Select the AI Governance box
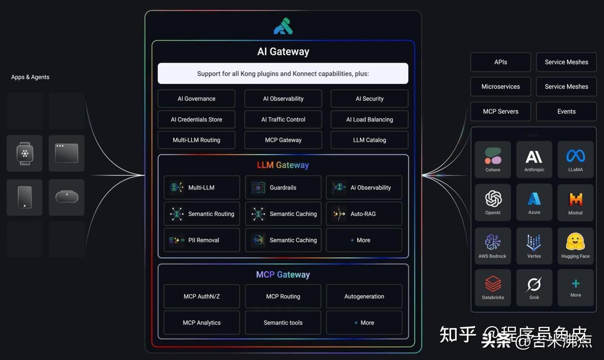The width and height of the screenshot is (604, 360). [x=196, y=99]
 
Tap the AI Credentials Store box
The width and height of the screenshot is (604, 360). [x=196, y=119]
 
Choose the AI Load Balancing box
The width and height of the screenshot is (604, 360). [x=369, y=119]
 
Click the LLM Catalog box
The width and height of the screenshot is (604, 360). [x=369, y=140]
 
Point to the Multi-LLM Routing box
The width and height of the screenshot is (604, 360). [x=196, y=140]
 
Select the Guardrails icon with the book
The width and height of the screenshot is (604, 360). [x=258, y=188]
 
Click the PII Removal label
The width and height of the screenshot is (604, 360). [x=203, y=240]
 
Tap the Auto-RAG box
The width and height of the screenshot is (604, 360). [x=364, y=214]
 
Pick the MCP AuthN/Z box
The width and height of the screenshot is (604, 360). [x=201, y=296]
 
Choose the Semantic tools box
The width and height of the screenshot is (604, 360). [x=283, y=323]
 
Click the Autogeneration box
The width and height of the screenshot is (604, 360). [x=364, y=296]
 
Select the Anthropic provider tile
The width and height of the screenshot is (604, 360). [x=534, y=159]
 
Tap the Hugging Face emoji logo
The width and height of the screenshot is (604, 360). [x=575, y=243]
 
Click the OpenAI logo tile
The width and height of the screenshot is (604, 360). [x=493, y=202]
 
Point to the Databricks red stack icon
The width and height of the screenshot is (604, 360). [x=493, y=284]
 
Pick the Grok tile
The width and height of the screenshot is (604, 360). [x=534, y=288]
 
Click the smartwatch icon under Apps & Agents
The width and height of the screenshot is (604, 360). [x=25, y=153]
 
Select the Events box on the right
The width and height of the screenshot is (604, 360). [x=566, y=112]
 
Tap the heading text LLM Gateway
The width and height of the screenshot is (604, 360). [x=283, y=165]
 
